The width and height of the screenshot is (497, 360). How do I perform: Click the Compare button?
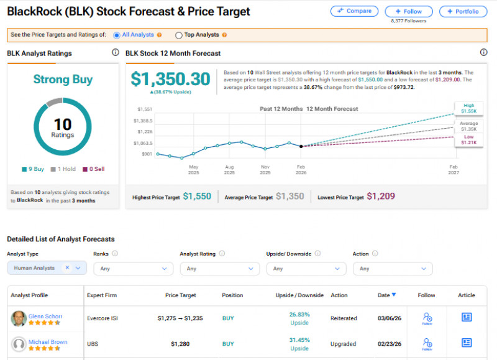[354, 11]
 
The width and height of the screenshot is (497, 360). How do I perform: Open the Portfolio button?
[463, 11]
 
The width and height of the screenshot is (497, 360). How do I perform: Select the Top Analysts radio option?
[179, 35]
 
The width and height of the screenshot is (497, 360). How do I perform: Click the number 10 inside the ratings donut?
[62, 124]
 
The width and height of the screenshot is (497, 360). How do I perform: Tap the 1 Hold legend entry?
[63, 169]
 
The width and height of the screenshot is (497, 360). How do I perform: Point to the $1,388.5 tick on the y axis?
[144, 121]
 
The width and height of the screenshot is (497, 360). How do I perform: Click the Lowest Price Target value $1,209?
[380, 196]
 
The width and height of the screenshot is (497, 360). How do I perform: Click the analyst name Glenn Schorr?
[45, 316]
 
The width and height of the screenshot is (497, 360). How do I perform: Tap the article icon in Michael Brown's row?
[467, 343]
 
